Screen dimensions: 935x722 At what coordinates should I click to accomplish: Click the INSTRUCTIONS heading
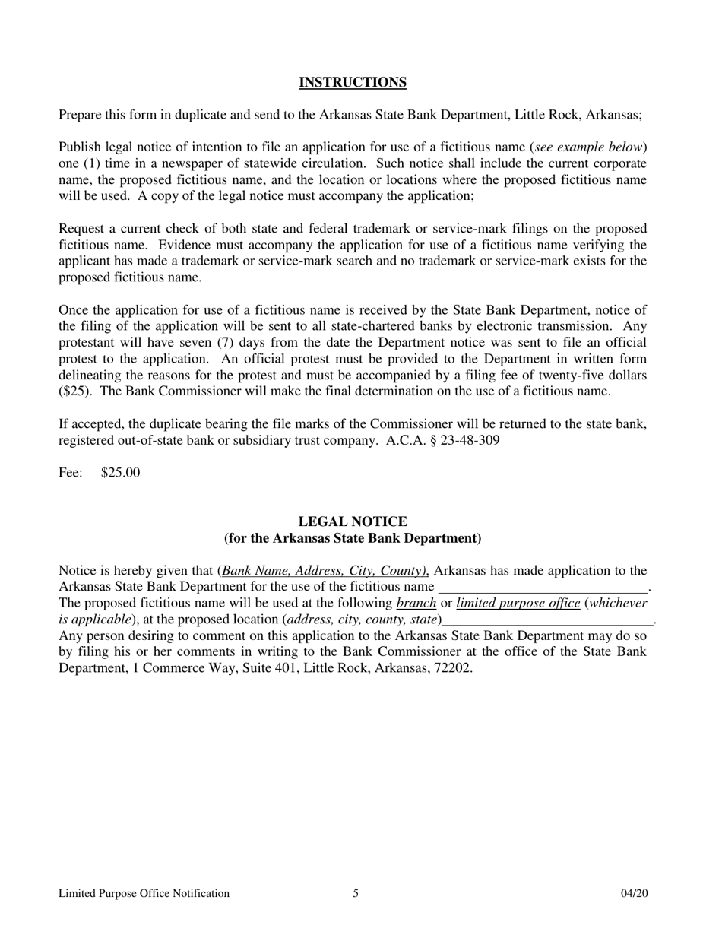[x=352, y=82]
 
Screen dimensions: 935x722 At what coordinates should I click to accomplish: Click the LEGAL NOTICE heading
[x=352, y=521]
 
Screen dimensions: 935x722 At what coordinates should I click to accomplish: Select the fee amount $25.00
[x=120, y=473]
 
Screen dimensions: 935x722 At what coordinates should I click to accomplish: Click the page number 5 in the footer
[x=356, y=893]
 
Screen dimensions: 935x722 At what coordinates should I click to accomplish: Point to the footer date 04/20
[x=634, y=893]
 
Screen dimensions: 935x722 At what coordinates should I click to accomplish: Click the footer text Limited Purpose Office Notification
[x=144, y=893]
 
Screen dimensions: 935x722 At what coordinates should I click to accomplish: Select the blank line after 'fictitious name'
[x=543, y=588]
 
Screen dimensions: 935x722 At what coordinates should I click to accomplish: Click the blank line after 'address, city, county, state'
[x=547, y=620]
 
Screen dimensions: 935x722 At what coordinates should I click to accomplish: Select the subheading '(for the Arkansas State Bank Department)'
[x=352, y=538]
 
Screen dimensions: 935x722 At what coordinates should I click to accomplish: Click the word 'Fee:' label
[x=71, y=473]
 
